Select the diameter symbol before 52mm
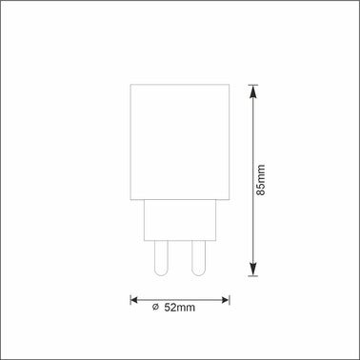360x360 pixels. [156, 307]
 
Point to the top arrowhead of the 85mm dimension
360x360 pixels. [252, 91]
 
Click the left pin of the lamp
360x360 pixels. [161, 255]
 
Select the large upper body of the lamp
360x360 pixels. [180, 143]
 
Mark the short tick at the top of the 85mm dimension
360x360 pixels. [252, 85]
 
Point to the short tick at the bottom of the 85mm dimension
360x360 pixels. [252, 274]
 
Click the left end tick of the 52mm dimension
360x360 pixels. [130, 298]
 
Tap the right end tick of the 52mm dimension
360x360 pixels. [230, 298]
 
